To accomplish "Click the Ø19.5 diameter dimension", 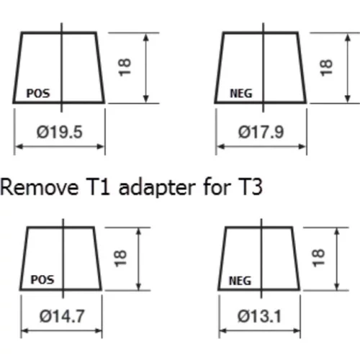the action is click(x=60, y=132).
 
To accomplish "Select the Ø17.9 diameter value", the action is click(x=261, y=132).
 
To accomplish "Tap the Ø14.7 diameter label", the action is click(x=62, y=316).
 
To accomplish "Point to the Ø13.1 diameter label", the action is click(x=259, y=316).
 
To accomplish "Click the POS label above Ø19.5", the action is click(x=38, y=94).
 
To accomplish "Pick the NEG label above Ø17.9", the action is click(x=241, y=94).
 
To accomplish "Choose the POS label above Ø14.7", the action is click(x=42, y=279).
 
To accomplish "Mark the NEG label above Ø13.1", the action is click(x=240, y=281).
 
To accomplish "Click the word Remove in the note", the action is click(x=40, y=187).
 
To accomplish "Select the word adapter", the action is click(x=157, y=189).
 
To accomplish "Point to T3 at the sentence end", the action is click(x=251, y=186).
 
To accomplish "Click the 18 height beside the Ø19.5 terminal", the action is click(x=125, y=68).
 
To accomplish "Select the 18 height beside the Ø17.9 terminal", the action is click(x=326, y=68).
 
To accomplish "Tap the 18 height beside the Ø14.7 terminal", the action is click(x=120, y=258).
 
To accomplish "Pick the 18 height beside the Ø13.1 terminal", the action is click(x=318, y=258).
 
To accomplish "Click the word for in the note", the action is click(x=217, y=186).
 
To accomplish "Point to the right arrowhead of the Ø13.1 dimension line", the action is click(x=297, y=331).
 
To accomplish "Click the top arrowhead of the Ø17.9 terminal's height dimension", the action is click(x=348, y=37).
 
